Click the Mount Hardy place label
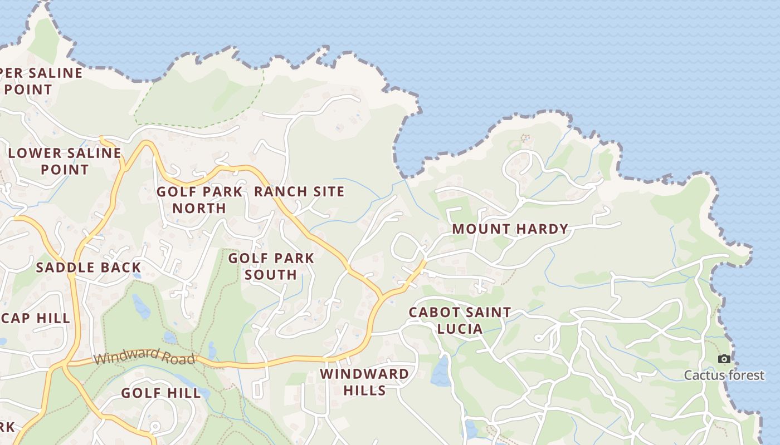(510, 229)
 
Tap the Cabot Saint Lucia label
(460, 320)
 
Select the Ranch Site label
(299, 192)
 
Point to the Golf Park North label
(199, 200)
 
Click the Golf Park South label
(271, 266)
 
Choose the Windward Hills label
(364, 382)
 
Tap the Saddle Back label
(89, 268)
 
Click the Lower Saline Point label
(65, 161)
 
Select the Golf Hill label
(161, 393)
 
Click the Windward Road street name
(145, 357)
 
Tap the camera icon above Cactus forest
(724, 359)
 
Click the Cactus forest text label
(724, 375)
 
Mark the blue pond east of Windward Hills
(441, 372)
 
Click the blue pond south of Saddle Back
(141, 306)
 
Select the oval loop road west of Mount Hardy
(406, 248)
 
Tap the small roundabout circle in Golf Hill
(155, 427)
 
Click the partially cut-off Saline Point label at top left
(39, 81)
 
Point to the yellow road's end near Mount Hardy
(424, 261)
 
